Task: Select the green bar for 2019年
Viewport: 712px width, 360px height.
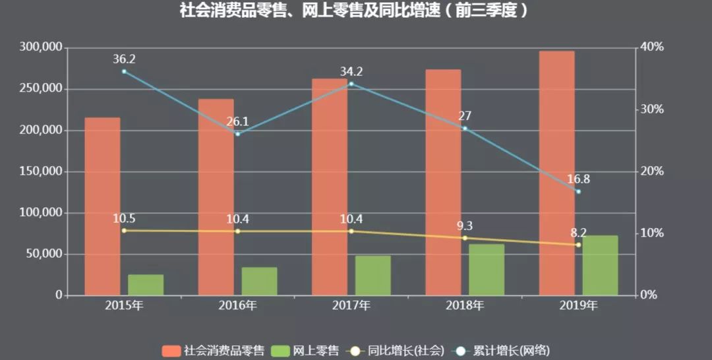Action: coord(600,265)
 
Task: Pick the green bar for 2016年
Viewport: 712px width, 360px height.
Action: coord(259,281)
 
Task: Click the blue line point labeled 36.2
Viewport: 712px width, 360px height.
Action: coord(124,71)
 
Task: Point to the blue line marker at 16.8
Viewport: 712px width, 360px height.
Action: coord(578,192)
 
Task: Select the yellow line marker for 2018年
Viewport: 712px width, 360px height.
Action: coord(465,238)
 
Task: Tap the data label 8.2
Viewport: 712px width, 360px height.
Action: coord(578,233)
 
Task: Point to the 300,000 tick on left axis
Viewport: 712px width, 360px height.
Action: coord(41,47)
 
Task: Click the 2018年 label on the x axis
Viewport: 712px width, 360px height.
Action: coord(465,305)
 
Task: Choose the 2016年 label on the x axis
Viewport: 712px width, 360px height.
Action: coord(237,305)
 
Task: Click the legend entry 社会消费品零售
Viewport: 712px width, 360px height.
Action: coord(214,350)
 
